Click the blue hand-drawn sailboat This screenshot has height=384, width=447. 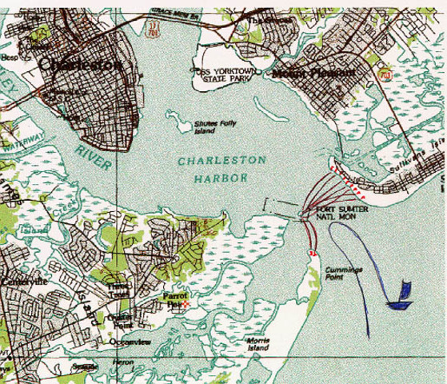398,297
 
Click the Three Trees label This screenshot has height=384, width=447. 118,290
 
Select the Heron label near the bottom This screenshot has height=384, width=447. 123,362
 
